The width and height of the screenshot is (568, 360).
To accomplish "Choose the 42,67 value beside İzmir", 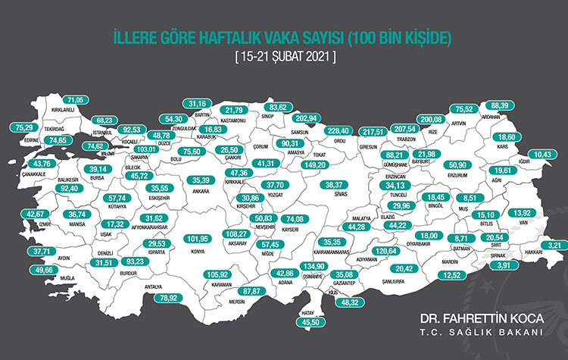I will click(35, 214).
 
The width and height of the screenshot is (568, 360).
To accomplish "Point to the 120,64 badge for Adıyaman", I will click(387, 250).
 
